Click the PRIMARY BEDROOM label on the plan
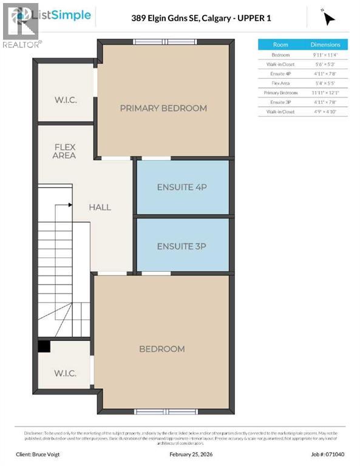pos(163,109)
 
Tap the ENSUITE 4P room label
pos(182,187)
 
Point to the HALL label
pos(100,208)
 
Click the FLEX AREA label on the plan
pos(64,151)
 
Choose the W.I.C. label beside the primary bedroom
pos(65,100)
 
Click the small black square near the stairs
pos(44,346)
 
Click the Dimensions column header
pos(326,45)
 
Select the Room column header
pos(280,45)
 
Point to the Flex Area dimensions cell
pos(326,83)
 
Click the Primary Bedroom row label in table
pos(280,93)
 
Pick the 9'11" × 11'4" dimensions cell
pos(326,55)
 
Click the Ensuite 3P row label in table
pos(280,103)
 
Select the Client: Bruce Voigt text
pos(48,453)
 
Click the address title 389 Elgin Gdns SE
pos(201,18)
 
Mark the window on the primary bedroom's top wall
pos(165,41)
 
